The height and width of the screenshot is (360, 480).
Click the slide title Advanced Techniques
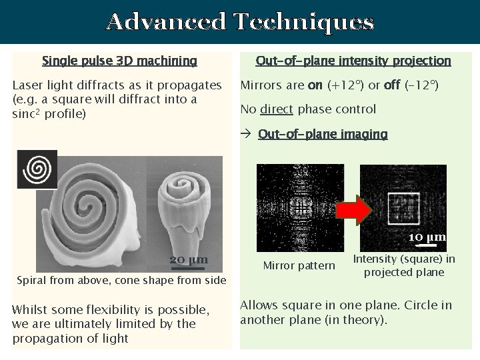[x=240, y=22]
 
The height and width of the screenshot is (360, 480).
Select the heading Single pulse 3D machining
[x=119, y=61]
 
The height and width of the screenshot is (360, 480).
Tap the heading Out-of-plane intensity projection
[x=354, y=61]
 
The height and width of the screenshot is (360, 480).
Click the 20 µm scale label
[x=189, y=259]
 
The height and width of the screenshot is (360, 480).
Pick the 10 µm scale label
[x=427, y=237]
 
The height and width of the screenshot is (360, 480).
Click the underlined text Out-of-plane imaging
[x=323, y=134]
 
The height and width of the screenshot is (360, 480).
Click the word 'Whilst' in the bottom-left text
[x=30, y=311]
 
